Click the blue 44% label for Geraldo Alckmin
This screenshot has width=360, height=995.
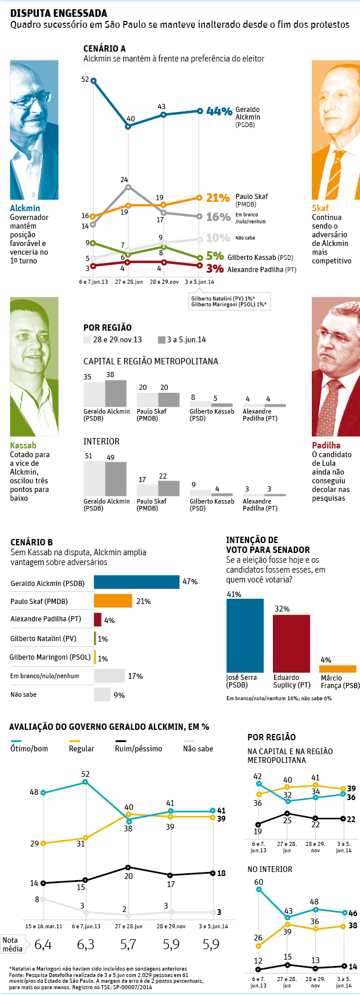pos(219,111)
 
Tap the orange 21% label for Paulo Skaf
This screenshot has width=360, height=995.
pos(218,198)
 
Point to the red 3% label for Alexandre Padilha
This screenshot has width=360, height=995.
pos(215,269)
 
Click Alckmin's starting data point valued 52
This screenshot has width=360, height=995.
pos(93,81)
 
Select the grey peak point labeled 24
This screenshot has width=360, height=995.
pos(128,187)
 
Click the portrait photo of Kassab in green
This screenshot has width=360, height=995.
pos(34,367)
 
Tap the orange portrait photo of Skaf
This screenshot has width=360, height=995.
pos(336,130)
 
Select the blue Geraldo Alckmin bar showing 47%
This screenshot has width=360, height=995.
pos(136,582)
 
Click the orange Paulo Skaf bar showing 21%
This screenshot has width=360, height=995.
pos(113,601)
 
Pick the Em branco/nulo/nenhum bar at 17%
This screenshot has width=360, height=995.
pos(109,676)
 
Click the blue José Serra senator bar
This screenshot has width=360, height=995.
pos(244,635)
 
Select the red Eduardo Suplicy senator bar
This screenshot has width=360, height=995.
pos(291,643)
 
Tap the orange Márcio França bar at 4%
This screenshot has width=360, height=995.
pos(337,669)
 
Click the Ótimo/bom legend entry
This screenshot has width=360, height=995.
pos(29,748)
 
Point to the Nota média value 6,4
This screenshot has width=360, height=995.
pos(43,945)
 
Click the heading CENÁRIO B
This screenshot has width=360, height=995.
pos(31,542)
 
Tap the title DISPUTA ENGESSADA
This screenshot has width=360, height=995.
pos(59,13)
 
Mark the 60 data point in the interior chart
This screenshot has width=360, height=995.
pos(258,889)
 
